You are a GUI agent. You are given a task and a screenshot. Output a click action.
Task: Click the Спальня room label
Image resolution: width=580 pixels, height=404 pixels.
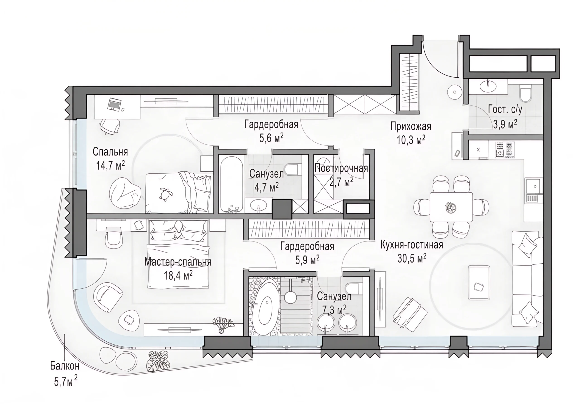110,152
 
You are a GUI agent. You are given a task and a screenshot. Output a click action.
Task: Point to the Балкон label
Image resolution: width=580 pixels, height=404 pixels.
65,366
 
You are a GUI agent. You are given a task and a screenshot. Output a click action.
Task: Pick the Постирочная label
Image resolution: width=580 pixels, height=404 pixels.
341,168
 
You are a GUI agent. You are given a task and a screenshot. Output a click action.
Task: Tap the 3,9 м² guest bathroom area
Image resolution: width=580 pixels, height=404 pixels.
505,124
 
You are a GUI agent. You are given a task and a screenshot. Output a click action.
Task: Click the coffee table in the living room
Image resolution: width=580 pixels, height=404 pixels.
479,283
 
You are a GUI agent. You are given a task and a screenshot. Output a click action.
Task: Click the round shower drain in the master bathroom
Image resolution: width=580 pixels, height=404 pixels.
290,298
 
